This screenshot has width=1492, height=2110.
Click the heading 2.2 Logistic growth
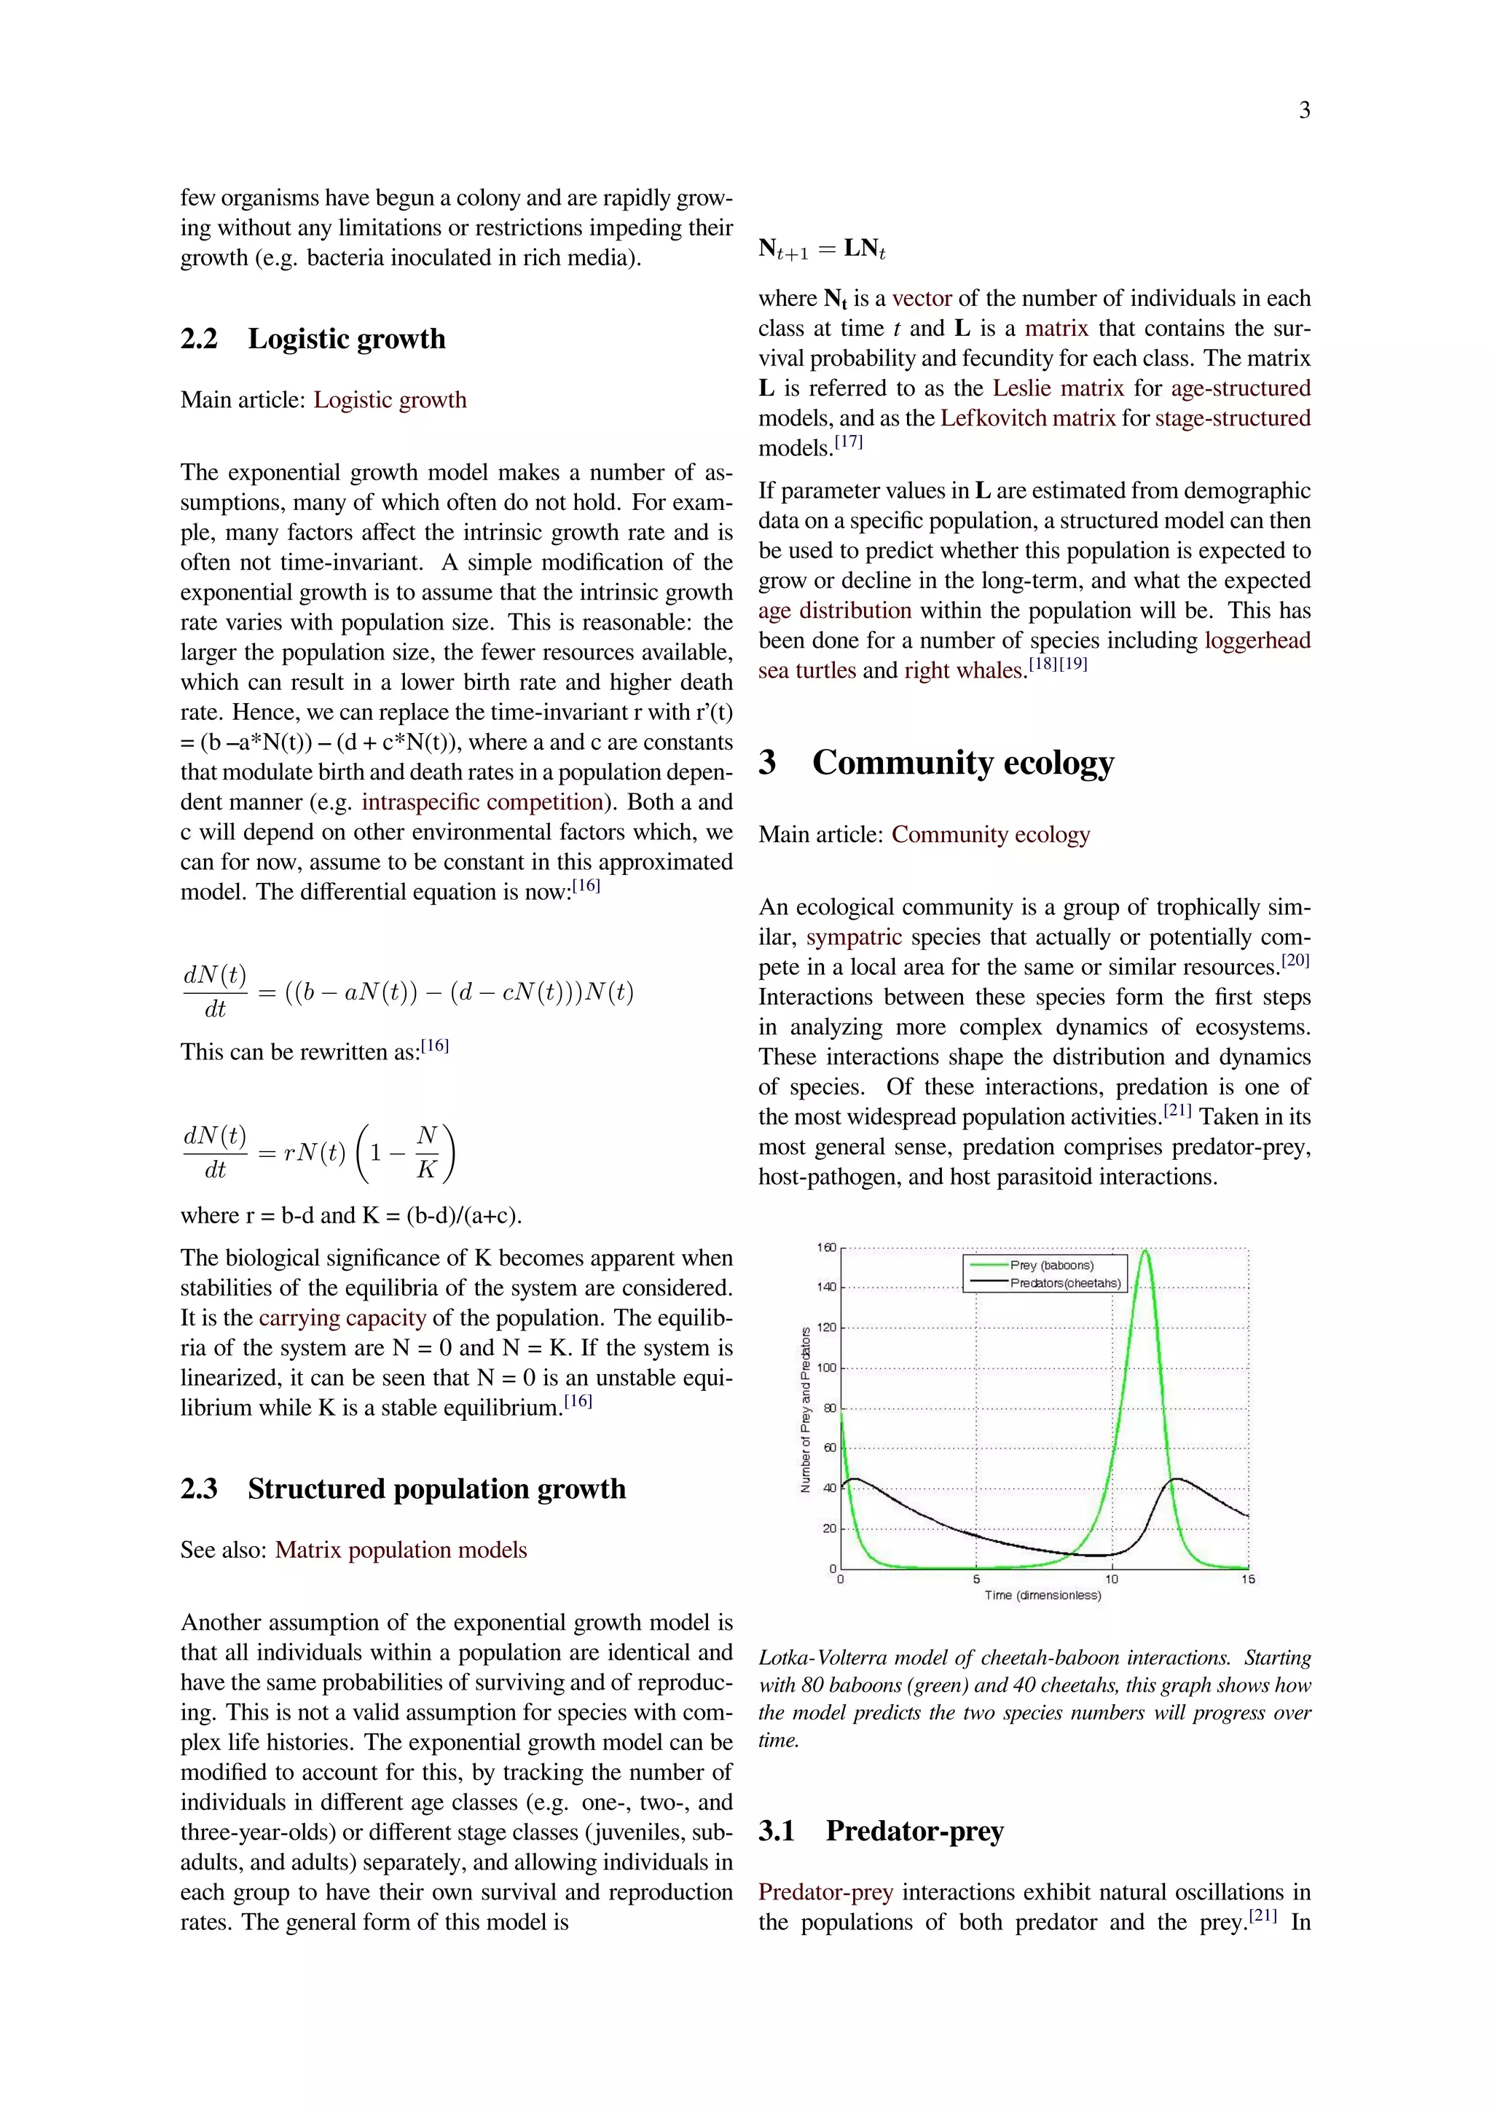coord(313,338)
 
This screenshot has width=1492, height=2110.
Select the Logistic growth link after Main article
coord(390,400)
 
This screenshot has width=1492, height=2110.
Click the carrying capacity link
coord(342,1318)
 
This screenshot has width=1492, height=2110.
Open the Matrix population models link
coord(401,1550)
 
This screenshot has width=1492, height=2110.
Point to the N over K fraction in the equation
coord(426,1151)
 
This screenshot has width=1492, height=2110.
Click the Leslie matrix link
coord(1058,388)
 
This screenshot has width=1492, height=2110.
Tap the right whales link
coord(964,671)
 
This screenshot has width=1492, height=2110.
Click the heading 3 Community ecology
coord(935,762)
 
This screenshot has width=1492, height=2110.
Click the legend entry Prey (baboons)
coord(1051,1266)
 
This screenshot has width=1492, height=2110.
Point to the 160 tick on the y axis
coord(826,1247)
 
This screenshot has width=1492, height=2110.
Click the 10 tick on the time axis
coord(1112,1579)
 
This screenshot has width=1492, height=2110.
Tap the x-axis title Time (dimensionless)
coord(1042,1596)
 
